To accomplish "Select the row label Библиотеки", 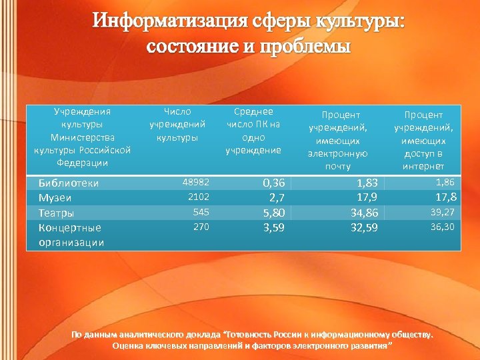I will point(69,183).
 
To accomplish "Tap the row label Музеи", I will point(55,197).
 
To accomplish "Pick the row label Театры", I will point(56,213).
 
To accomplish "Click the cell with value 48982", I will point(196,182).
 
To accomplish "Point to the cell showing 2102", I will point(199,197).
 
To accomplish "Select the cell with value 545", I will point(201,212).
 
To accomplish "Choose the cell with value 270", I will point(201,227).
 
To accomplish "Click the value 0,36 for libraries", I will point(273,183).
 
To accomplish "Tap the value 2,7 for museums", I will point(277,197).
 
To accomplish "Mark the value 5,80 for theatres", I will point(273,213).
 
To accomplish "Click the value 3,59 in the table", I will point(273,229).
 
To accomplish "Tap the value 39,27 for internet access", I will point(441,212).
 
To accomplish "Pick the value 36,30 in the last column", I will point(441,227).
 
